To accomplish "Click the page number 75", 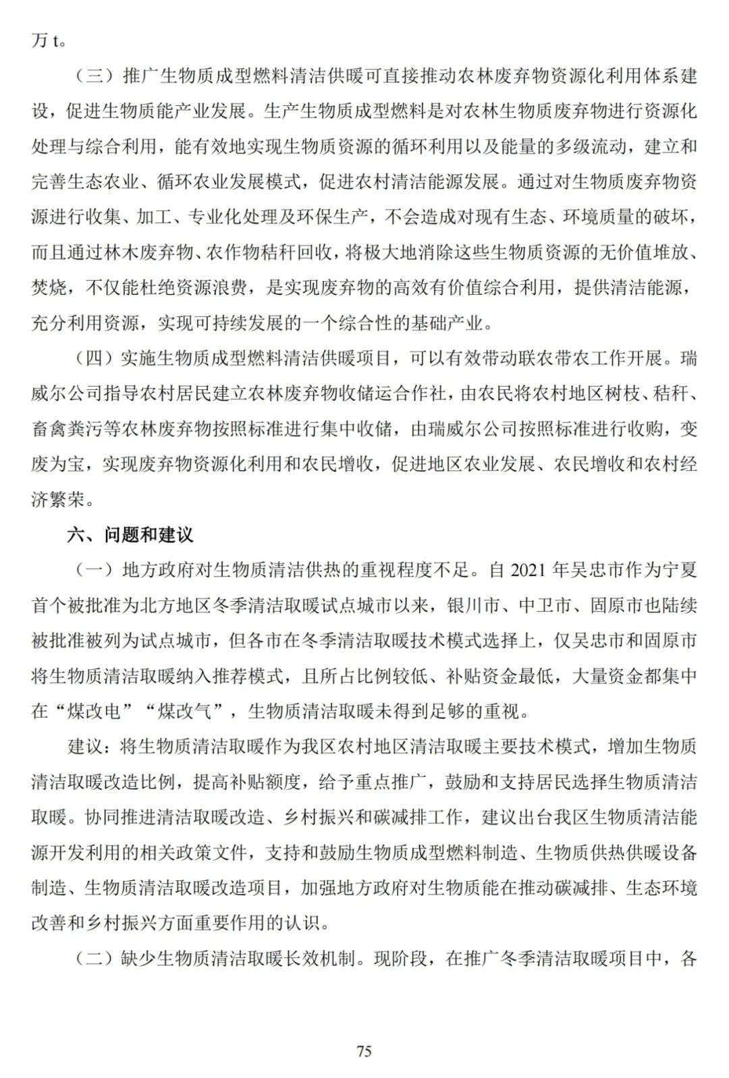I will pos(364,1051).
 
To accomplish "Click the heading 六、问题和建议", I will pos(130,535).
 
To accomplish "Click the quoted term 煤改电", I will pos(103,710).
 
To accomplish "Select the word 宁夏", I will pos(679,570).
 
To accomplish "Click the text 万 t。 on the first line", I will pos(49,40).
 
